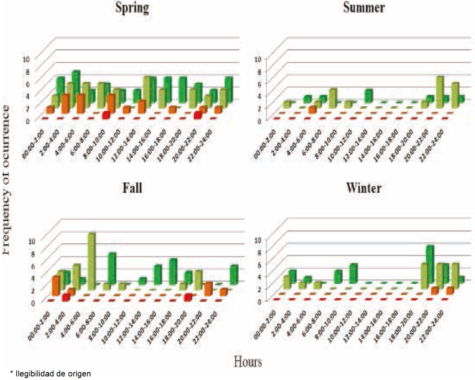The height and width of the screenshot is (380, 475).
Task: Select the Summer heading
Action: (x=364, y=8)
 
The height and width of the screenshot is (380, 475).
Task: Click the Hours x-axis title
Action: (x=248, y=361)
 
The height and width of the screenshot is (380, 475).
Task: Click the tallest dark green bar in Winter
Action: (x=430, y=263)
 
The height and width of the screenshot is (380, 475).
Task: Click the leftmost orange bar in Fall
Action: (x=56, y=286)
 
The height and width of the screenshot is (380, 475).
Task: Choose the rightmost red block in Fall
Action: (x=188, y=297)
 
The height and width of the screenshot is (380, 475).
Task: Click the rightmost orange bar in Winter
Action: (x=450, y=290)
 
